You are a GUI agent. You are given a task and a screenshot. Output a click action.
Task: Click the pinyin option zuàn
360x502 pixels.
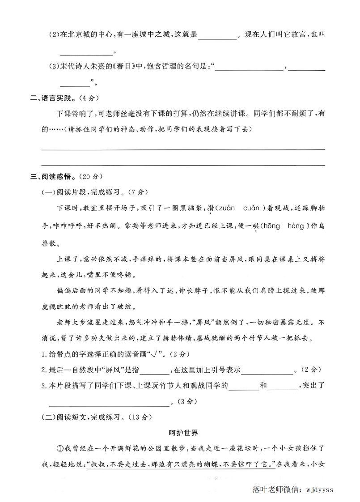click(x=228, y=208)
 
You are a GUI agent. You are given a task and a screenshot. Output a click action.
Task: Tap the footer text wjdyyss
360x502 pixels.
click(x=319, y=489)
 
